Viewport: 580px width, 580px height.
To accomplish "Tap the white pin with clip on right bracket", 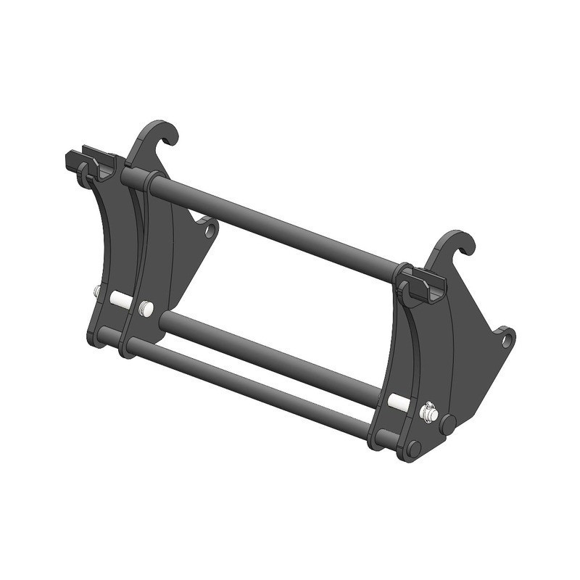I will tap(428, 412).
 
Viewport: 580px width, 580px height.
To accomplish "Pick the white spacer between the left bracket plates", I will tap(120, 300).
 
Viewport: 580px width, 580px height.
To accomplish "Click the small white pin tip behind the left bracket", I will tap(96, 291).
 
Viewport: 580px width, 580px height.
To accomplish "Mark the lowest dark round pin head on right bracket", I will tap(414, 449).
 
